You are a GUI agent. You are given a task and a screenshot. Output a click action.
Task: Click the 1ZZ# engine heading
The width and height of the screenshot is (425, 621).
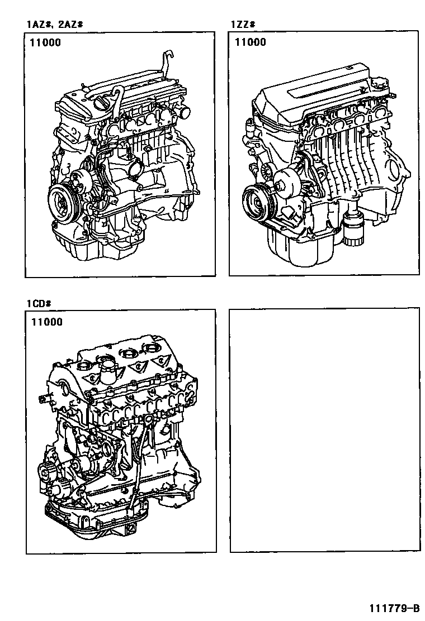243,25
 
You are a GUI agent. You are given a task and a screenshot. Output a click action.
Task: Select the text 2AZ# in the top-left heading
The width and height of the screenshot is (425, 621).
70,25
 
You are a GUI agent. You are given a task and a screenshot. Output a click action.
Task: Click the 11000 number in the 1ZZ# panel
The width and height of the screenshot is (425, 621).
250,42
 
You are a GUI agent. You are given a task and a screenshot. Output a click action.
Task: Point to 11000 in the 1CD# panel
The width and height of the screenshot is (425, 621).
46,322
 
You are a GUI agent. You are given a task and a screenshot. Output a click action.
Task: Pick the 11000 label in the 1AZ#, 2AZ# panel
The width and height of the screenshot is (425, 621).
45,42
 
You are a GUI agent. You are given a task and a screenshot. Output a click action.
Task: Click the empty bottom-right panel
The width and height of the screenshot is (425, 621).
324,430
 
